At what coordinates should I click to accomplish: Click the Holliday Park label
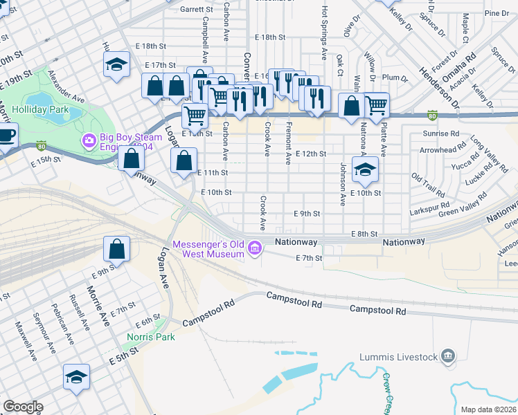click(x=40, y=109)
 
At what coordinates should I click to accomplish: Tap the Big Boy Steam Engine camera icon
click(x=89, y=141)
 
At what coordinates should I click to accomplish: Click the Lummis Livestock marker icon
click(x=448, y=356)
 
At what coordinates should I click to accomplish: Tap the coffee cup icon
click(x=6, y=134)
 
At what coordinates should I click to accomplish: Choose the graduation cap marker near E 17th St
click(x=117, y=66)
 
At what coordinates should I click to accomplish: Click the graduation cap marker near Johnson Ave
click(x=364, y=168)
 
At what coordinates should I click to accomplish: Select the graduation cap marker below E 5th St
click(x=76, y=377)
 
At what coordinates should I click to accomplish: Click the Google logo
click(x=22, y=407)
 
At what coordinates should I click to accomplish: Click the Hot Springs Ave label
click(x=324, y=34)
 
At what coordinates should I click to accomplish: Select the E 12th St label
click(x=310, y=154)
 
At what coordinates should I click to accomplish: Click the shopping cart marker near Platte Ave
click(x=376, y=105)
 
